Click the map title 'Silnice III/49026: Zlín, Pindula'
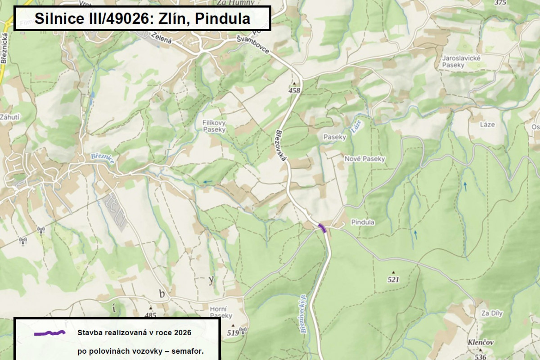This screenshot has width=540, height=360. click(x=142, y=18)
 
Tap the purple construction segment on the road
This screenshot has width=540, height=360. click(x=322, y=227)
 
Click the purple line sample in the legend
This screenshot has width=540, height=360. click(x=50, y=333)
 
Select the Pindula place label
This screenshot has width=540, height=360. click(x=363, y=222)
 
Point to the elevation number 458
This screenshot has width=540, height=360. click(x=295, y=90)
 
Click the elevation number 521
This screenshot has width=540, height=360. click(x=393, y=279)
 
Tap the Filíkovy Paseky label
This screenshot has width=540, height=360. click(x=214, y=126)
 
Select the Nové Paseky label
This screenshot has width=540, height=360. click(x=364, y=159)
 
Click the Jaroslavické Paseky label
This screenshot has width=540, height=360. click(x=462, y=62)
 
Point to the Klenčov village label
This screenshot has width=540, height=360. click(x=481, y=342)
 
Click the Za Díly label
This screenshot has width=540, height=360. click(x=491, y=313)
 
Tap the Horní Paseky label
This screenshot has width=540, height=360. click(x=221, y=312)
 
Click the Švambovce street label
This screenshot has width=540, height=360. click(x=253, y=45)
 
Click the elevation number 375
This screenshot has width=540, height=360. click(x=500, y=3)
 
